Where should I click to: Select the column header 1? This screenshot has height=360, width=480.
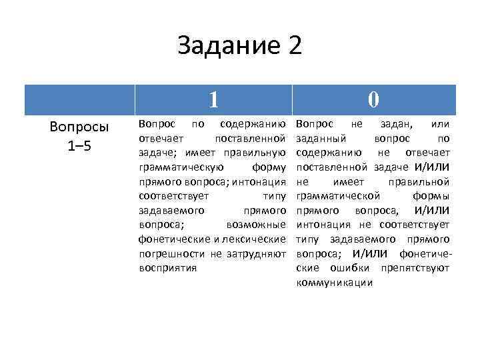pos(213,99)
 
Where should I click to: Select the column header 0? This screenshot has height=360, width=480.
pos(373,99)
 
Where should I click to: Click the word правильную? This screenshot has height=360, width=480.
pos(259,153)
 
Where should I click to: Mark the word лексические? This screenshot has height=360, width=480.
pos(255,239)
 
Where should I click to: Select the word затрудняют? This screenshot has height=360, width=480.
pos(258,253)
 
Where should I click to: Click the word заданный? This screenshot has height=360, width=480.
pos(320,139)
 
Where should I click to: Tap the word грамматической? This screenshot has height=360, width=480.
pos(338,196)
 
